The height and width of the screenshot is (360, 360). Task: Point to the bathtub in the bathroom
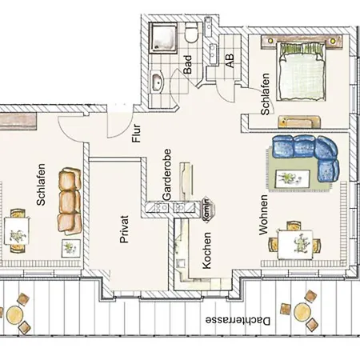click(x=158, y=79)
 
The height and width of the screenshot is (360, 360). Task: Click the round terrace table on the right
click(x=303, y=311)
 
